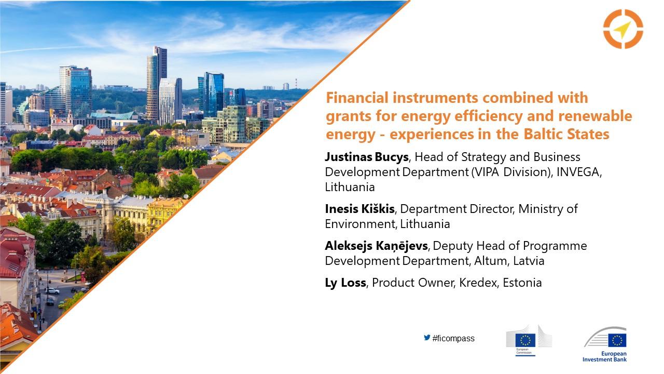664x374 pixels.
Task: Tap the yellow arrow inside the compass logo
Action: point(622,30)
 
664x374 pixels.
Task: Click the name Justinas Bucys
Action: point(367,157)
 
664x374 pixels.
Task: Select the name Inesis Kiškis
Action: point(359,209)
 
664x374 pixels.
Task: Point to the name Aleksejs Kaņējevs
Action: point(377,246)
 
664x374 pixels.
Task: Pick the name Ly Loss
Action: point(345,283)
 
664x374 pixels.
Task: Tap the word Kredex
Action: point(478,283)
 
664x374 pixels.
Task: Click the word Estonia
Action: point(522,283)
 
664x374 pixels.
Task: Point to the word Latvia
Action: point(529,261)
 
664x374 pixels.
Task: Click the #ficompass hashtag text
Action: point(453,338)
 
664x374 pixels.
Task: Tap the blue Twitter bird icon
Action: point(427,338)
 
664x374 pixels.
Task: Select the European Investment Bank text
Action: point(605,356)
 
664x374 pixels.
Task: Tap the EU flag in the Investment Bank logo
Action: point(617,340)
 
